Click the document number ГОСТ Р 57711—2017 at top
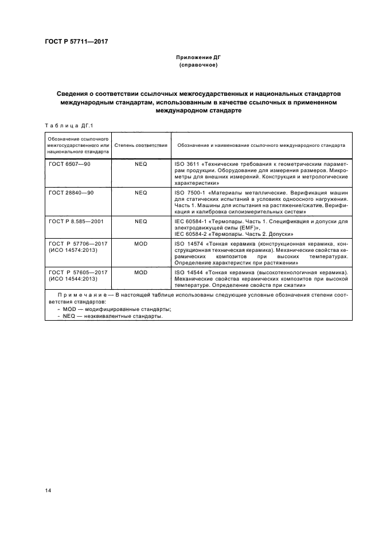point(76,41)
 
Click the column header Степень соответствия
point(141,146)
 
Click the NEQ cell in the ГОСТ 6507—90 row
point(141,164)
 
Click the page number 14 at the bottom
point(48,489)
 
